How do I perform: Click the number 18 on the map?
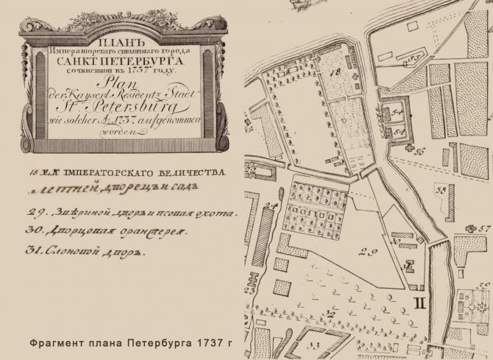[336, 72]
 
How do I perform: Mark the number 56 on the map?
[420, 152]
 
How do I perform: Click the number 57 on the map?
[483, 228]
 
